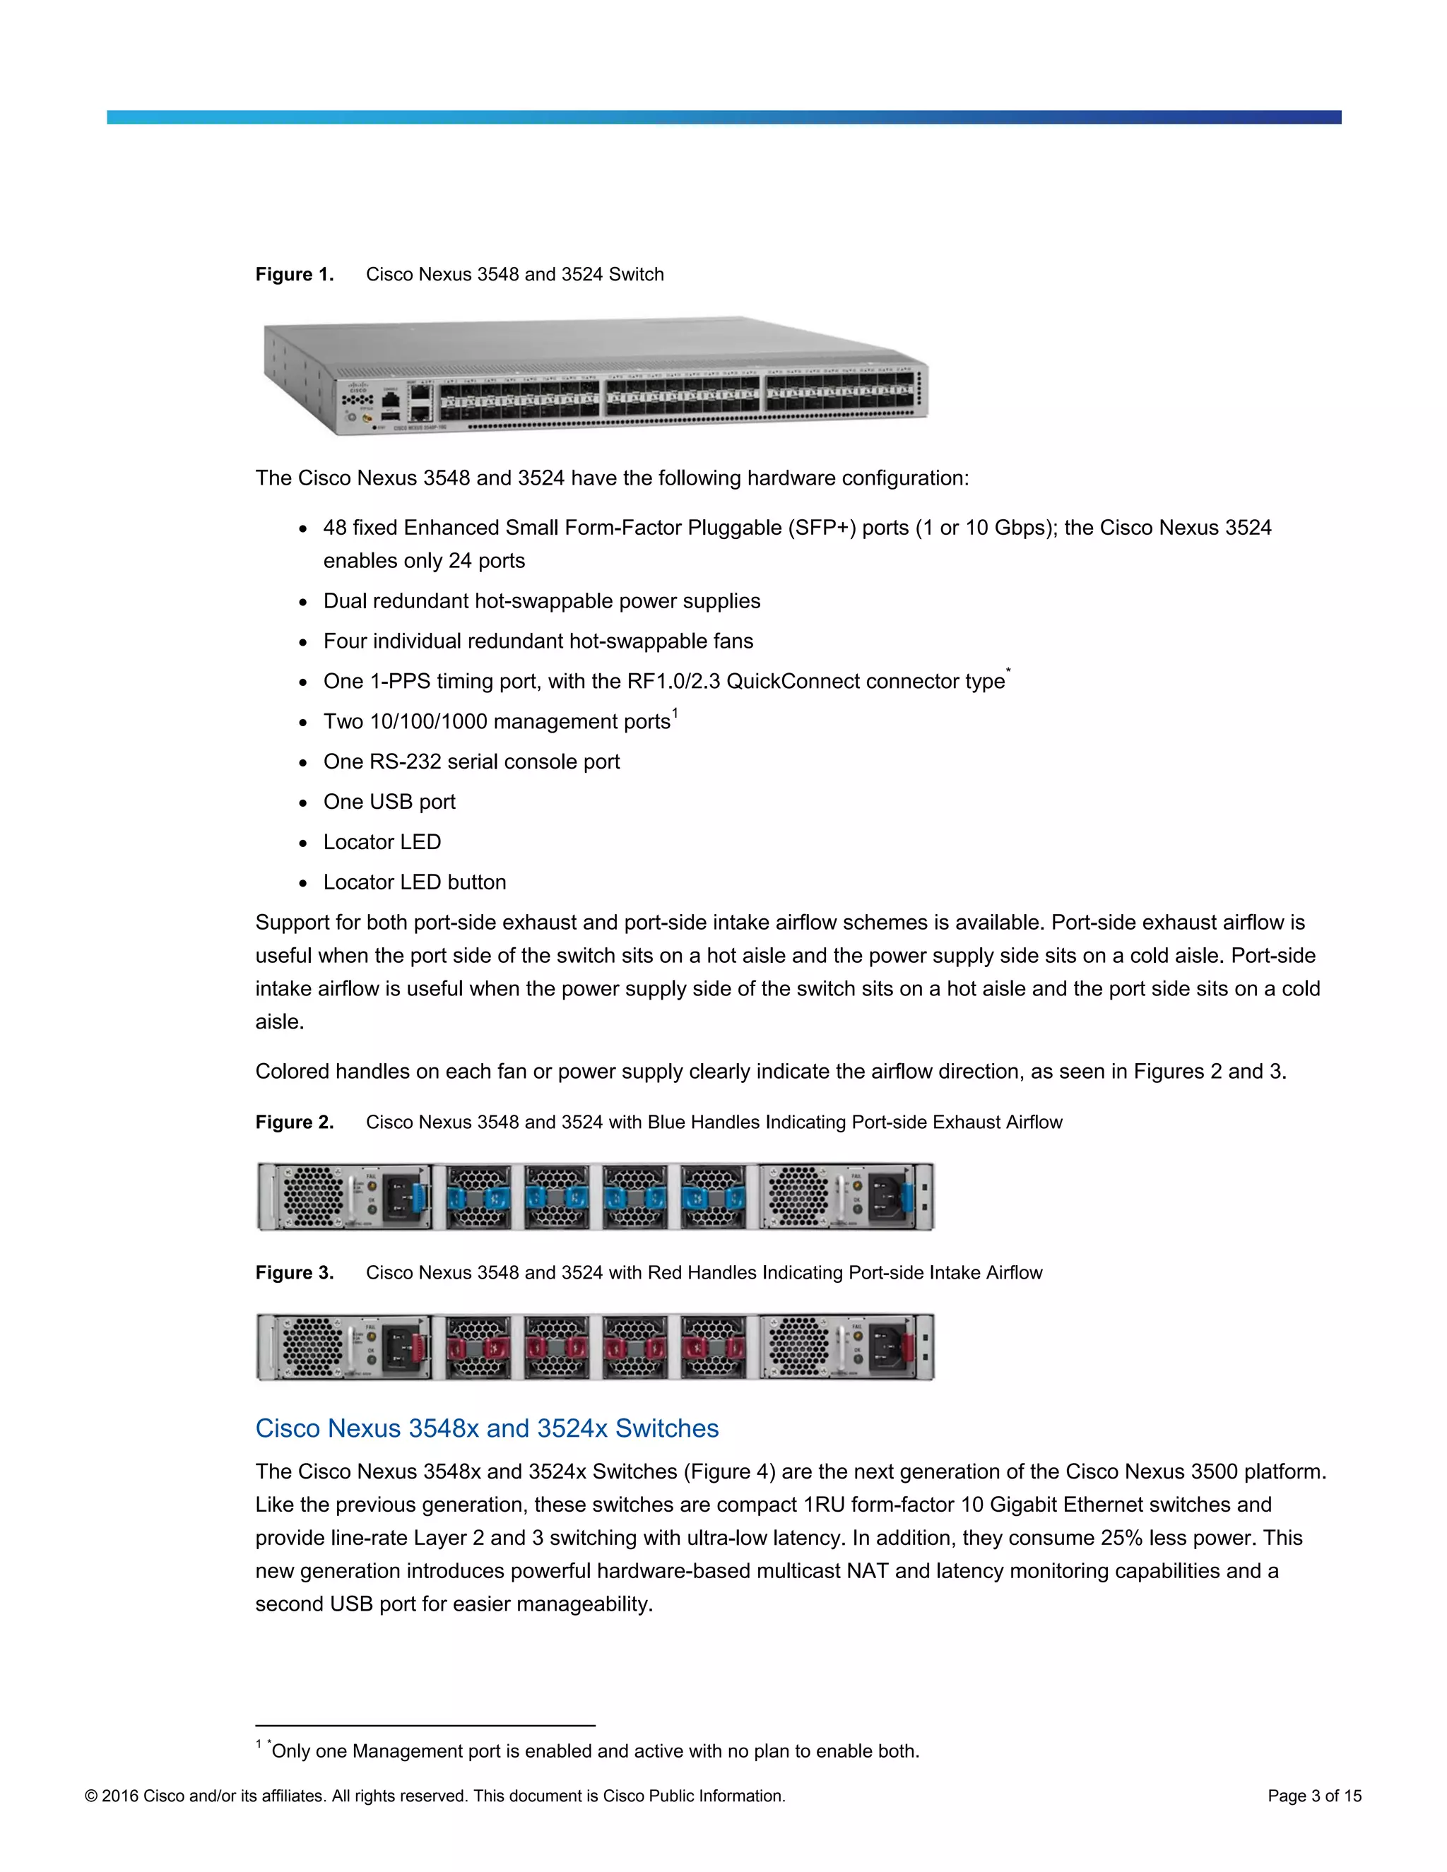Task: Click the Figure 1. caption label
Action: coord(294,274)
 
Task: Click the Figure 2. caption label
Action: coord(294,1122)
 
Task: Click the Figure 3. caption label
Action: coord(294,1272)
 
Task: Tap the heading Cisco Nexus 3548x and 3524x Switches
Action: coord(486,1428)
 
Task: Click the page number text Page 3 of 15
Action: coord(1314,1796)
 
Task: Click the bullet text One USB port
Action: coord(389,802)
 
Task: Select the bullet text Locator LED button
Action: coord(414,882)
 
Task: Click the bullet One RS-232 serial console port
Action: coord(471,761)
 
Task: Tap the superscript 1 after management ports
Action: coord(675,712)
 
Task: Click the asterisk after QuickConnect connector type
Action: coord(1008,671)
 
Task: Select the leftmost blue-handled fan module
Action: coord(478,1197)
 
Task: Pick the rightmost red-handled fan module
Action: coord(712,1347)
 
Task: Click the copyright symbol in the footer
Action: coord(91,1796)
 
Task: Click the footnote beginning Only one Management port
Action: coord(594,1751)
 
